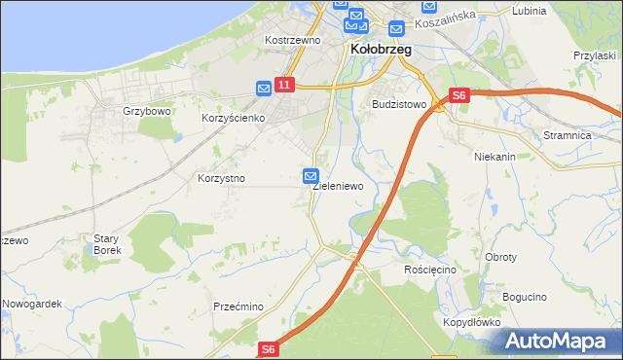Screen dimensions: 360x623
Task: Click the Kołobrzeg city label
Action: click(x=381, y=48)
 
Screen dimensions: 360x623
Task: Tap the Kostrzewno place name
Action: click(x=293, y=41)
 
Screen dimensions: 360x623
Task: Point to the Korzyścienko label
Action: click(x=234, y=118)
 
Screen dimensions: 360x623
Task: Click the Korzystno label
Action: click(x=221, y=179)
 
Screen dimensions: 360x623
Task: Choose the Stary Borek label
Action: click(x=105, y=244)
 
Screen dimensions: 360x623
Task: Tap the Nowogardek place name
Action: click(x=32, y=304)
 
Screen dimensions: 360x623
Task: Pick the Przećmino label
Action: click(x=239, y=306)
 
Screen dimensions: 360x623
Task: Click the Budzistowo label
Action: click(x=400, y=103)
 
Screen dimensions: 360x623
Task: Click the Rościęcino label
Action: click(x=430, y=269)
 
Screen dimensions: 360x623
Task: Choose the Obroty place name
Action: click(x=500, y=258)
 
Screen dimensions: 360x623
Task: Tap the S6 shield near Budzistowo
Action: click(x=459, y=95)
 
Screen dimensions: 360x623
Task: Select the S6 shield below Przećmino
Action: click(x=270, y=348)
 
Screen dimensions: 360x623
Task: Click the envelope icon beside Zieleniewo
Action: click(x=311, y=176)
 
